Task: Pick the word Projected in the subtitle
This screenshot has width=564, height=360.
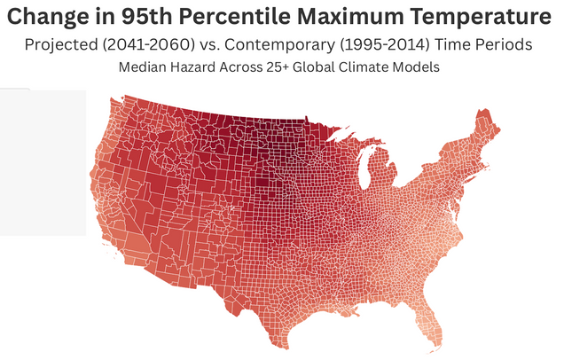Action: coord(65,44)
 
